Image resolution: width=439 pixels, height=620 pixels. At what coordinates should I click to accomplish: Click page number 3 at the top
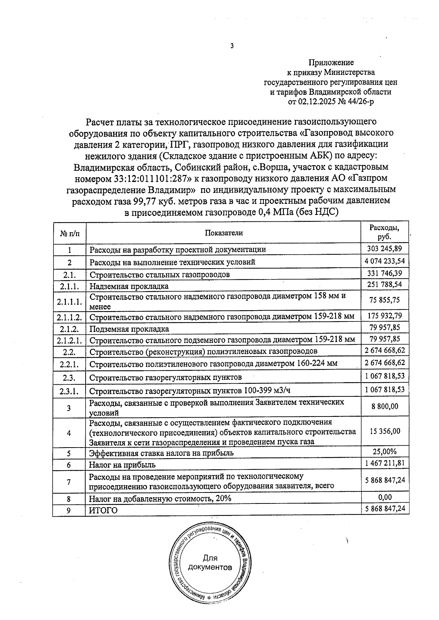click(232, 46)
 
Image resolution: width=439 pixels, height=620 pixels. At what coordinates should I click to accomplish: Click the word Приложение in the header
click(331, 63)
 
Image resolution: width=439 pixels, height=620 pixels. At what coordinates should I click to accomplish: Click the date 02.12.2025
click(319, 102)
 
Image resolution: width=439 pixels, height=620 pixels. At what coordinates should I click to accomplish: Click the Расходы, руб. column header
click(384, 232)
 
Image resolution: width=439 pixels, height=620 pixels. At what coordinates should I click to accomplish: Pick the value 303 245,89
click(384, 249)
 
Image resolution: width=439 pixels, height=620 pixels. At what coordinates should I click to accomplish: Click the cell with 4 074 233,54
click(384, 261)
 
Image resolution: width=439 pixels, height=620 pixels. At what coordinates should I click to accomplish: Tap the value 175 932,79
click(384, 315)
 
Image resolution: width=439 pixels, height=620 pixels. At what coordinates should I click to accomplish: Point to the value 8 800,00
click(384, 406)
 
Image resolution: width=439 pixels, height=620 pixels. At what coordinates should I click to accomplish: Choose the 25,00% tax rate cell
click(384, 452)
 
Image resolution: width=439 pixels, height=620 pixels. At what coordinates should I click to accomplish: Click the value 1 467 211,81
click(384, 463)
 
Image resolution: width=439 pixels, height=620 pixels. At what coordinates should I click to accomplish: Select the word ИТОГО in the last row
click(104, 510)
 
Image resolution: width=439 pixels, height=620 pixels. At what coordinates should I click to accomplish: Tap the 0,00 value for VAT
click(384, 497)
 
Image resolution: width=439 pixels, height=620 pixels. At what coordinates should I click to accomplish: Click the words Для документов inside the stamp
click(210, 563)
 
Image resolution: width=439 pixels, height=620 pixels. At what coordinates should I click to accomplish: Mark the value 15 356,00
click(384, 431)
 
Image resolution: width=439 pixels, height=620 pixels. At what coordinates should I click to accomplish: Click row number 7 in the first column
click(69, 482)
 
